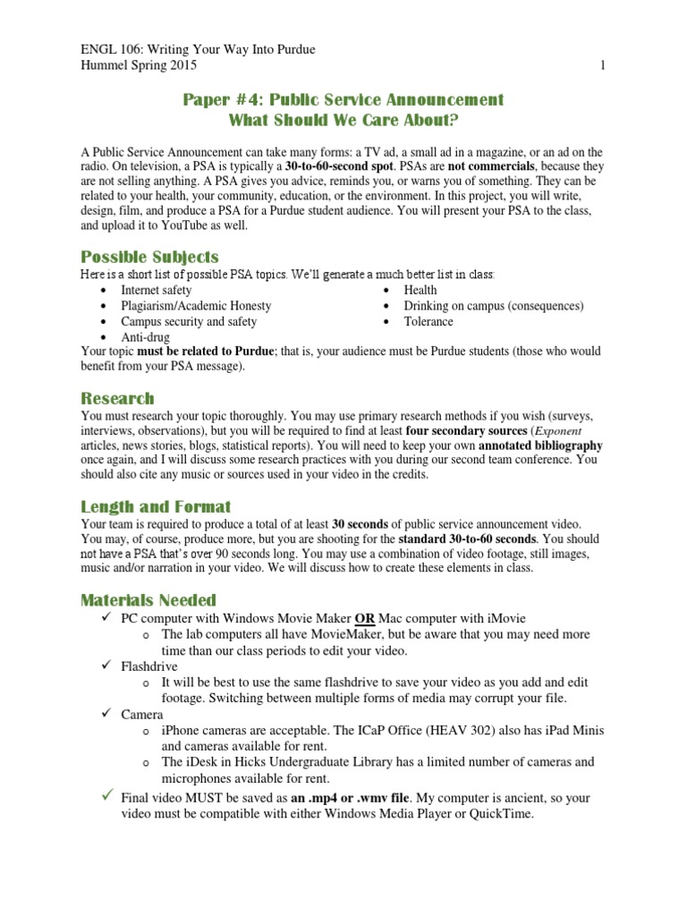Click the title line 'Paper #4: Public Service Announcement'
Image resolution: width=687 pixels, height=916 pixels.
[x=343, y=99]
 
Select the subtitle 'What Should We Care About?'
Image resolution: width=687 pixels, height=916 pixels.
[x=343, y=120]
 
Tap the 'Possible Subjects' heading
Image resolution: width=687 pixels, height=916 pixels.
[x=149, y=257]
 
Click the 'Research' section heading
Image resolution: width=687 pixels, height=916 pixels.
[x=117, y=398]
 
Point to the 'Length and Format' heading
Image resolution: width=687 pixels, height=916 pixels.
[x=156, y=506]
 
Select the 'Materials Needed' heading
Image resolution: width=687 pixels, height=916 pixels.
[x=148, y=599]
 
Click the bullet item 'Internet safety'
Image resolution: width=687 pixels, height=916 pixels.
[x=157, y=290]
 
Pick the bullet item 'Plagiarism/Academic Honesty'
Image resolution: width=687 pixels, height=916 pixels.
[x=196, y=306]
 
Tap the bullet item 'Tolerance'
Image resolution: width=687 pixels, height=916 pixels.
[x=428, y=321]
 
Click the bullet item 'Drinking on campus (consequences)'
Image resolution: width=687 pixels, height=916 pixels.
[x=494, y=306]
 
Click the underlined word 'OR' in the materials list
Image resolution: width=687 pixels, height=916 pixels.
[x=365, y=618]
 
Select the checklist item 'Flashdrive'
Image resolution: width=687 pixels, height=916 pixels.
[x=149, y=666]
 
